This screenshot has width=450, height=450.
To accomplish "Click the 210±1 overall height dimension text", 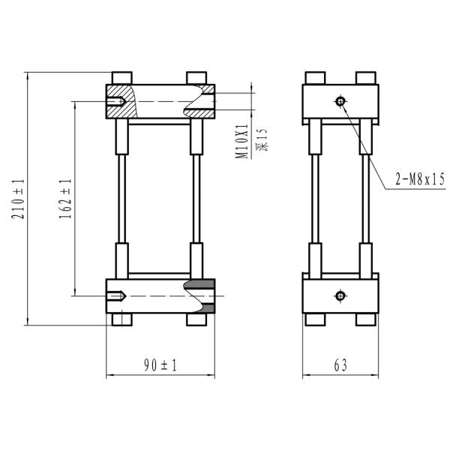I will tap(16, 199).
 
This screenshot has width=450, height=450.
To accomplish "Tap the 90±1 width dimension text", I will tap(160, 365).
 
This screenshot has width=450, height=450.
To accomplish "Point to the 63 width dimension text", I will tap(340, 365).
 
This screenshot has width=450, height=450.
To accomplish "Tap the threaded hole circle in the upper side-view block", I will tap(340, 100).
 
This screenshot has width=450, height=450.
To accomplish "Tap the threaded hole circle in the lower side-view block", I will tap(340, 295).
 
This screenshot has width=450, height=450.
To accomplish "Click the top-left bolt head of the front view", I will tap(121, 78).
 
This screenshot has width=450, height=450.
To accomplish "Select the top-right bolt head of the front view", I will tap(196, 78).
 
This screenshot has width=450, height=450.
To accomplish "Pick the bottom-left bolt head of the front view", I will tap(121, 319).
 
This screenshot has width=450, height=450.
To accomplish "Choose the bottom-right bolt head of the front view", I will tap(196, 319).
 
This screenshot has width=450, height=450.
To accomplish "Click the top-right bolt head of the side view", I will tap(365, 78).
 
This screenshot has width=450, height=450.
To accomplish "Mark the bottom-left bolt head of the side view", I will tap(316, 319).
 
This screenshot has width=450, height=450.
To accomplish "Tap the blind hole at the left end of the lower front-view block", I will tap(115, 295).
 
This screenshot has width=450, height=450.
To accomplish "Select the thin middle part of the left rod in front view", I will tap(121, 199).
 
